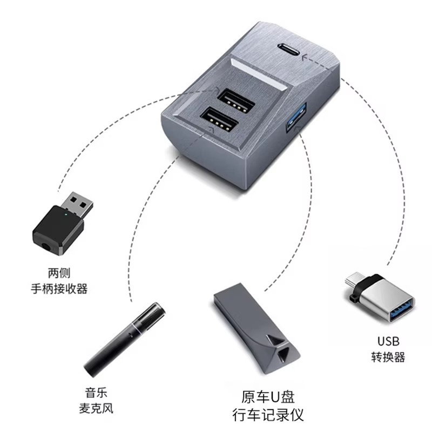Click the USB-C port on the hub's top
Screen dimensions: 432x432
289,50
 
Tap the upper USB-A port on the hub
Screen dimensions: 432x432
236,100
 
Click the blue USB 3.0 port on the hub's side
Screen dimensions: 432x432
296,117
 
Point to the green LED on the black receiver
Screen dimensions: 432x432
65,213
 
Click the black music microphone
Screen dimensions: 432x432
125,340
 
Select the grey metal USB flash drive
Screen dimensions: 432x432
255,328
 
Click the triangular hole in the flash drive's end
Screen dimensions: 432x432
284,354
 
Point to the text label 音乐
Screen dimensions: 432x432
96,393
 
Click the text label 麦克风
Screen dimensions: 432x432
96,408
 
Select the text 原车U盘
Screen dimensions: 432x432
268,397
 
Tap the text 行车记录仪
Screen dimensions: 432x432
268,415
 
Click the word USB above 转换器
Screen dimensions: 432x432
388,341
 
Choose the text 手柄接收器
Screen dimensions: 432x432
59,289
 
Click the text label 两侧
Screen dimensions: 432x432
59,273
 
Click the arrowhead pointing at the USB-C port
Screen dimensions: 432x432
305,58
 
